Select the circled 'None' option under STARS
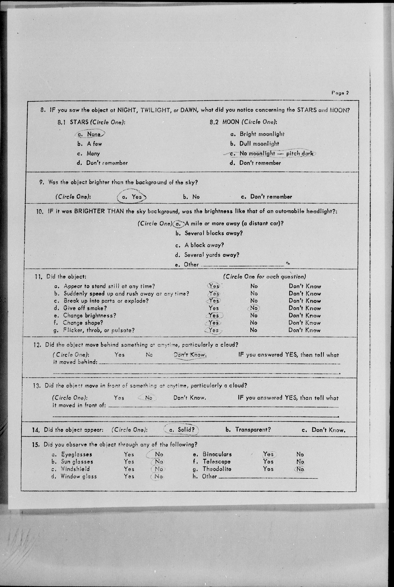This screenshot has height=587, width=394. click(93, 134)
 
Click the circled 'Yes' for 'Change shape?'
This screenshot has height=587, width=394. click(214, 323)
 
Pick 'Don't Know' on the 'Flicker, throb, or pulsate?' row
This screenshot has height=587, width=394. click(304, 330)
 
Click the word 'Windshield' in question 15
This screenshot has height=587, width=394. click(75, 469)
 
